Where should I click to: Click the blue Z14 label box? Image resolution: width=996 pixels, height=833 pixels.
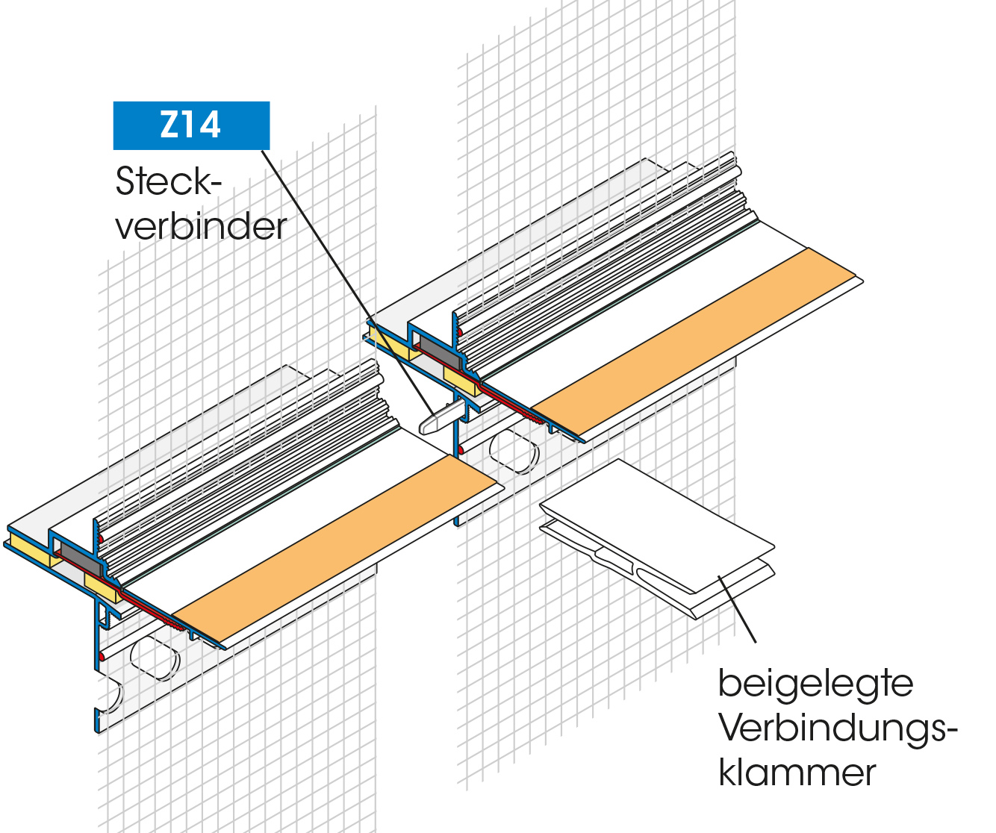tap(191, 125)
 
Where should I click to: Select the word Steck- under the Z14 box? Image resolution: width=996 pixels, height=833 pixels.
tap(169, 181)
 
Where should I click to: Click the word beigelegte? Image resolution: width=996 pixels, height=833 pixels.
tap(815, 684)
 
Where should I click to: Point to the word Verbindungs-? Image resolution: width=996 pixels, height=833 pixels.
tap(838, 729)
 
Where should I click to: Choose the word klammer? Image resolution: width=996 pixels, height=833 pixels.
tap(797, 773)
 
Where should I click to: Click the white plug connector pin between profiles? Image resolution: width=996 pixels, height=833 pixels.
tap(437, 419)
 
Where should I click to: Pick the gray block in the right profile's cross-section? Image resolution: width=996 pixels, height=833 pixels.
tap(432, 346)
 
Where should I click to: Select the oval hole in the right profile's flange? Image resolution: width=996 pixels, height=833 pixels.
tap(513, 451)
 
